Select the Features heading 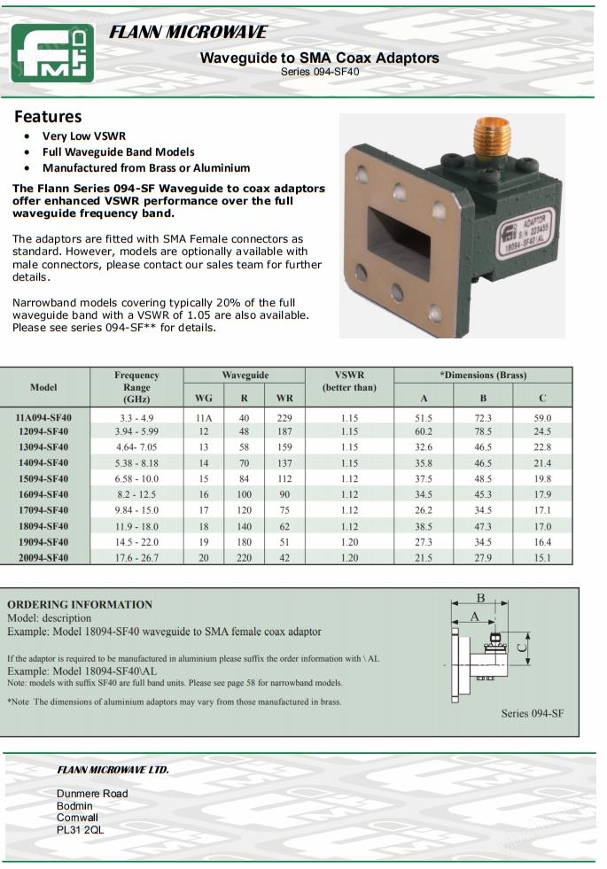click(48, 117)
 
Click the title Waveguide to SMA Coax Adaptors click(319, 58)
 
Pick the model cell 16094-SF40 click(43, 494)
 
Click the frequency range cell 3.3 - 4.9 click(136, 417)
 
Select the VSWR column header click(349, 381)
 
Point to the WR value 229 click(284, 417)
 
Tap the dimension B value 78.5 click(483, 431)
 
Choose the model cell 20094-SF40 click(43, 558)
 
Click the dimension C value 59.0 click(542, 417)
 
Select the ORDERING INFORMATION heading click(80, 604)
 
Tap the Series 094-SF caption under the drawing click(532, 713)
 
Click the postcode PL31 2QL click(80, 830)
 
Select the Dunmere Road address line click(92, 793)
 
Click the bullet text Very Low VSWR click(84, 136)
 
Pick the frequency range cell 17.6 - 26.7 click(136, 558)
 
